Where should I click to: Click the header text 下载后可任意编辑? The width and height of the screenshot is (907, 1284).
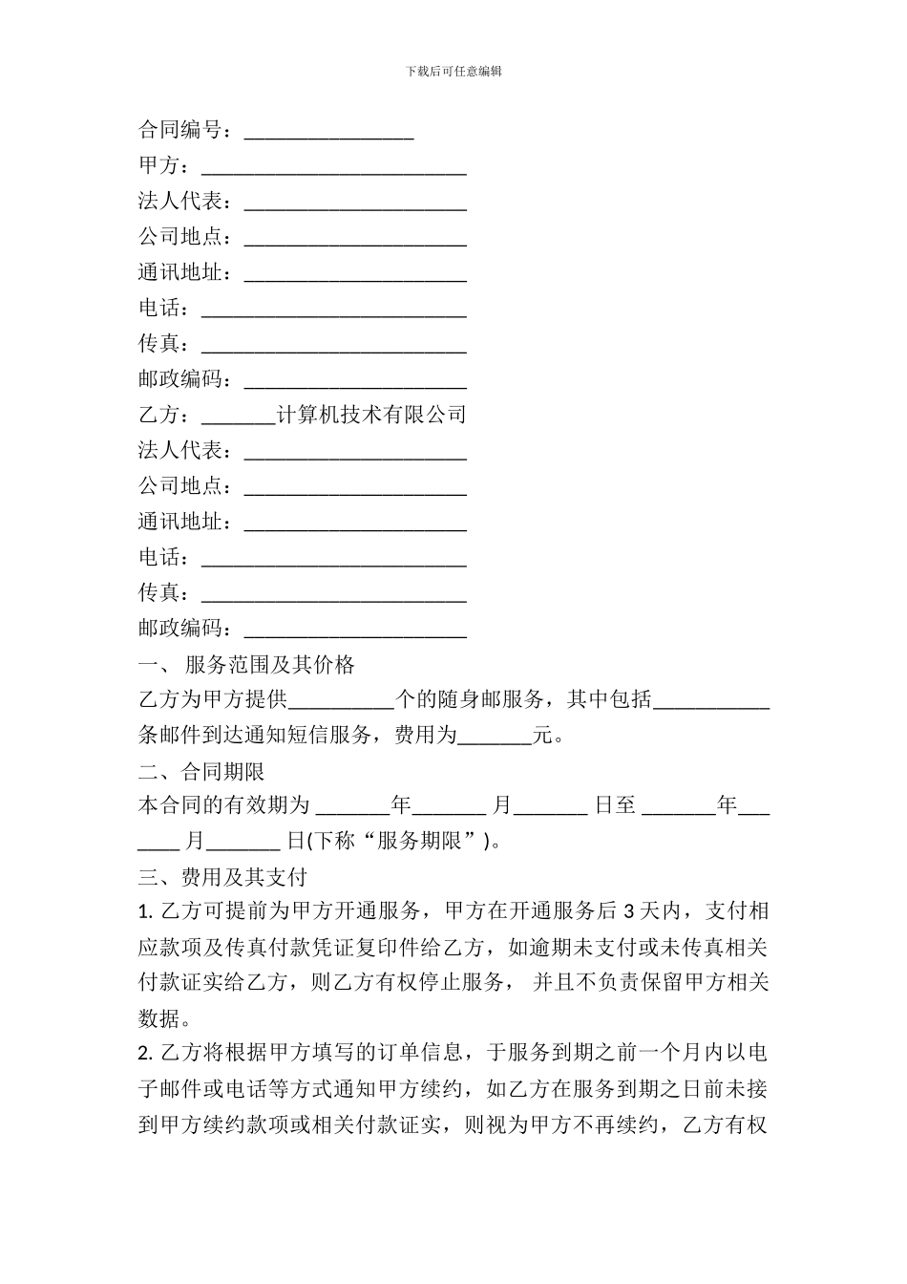tap(453, 71)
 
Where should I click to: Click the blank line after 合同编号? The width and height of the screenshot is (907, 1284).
tap(328, 133)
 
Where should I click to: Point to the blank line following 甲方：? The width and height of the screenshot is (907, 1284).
tap(333, 169)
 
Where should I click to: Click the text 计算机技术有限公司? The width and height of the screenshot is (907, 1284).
tap(370, 415)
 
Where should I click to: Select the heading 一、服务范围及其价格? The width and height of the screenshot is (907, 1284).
tap(247, 665)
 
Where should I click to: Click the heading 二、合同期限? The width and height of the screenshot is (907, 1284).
tap(201, 771)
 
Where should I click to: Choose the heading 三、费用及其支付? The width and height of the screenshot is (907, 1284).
tap(222, 877)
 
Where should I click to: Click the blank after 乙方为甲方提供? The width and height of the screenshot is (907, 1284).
tap(341, 703)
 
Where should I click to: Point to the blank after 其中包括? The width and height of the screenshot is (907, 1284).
tap(711, 703)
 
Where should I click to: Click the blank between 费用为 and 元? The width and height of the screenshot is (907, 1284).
tap(495, 738)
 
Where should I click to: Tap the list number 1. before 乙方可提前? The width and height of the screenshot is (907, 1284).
tap(145, 911)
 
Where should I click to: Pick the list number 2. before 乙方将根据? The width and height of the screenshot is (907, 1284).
tap(145, 1054)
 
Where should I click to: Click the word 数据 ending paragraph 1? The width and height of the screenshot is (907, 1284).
tap(159, 1018)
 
